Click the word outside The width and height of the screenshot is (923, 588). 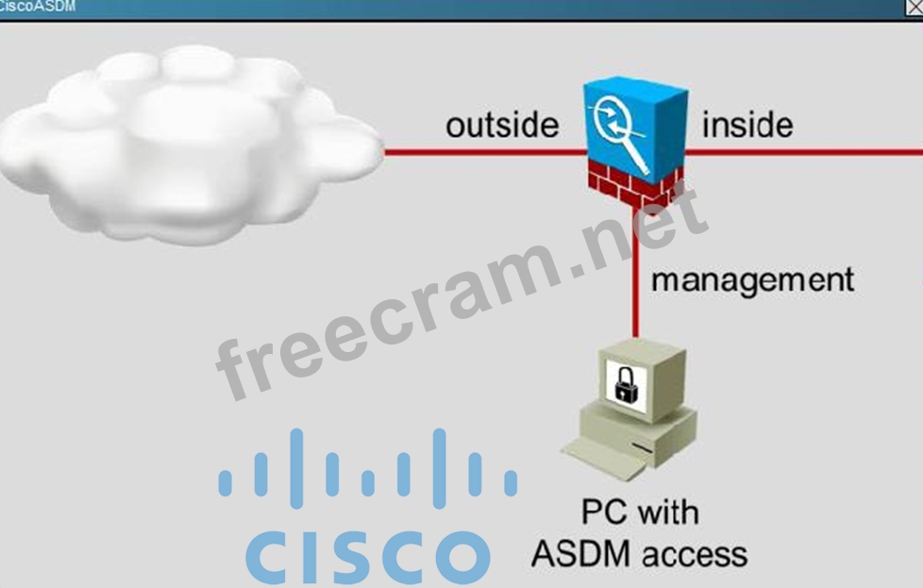[x=502, y=126]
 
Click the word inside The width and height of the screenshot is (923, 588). [x=747, y=125]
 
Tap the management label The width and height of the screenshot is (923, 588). [x=752, y=279]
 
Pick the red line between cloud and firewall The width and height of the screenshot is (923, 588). [x=481, y=151]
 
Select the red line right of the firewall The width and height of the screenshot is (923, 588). [x=802, y=150]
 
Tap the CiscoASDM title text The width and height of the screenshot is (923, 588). [x=38, y=7]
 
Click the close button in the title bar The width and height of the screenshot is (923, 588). [x=914, y=7]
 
